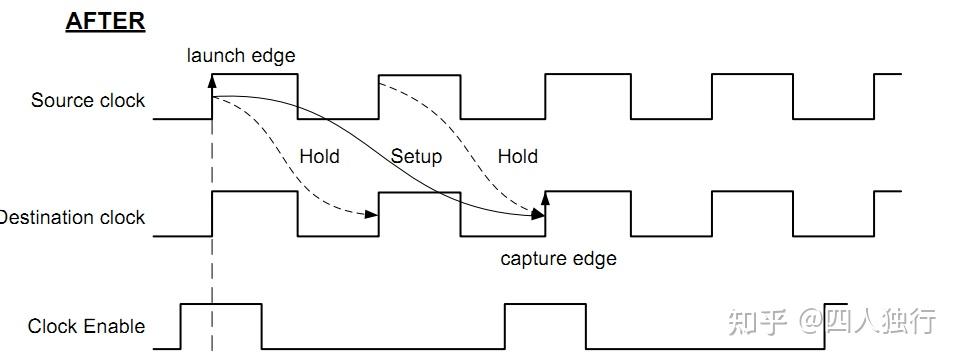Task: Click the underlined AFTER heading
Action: pyautogui.click(x=105, y=22)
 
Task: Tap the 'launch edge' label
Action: pyautogui.click(x=241, y=55)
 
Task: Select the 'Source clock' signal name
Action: pyautogui.click(x=88, y=100)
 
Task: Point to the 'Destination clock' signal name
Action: pyautogui.click(x=72, y=217)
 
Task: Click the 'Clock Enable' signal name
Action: pyautogui.click(x=86, y=326)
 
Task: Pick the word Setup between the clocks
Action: pyautogui.click(x=416, y=156)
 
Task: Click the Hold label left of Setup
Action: pyautogui.click(x=319, y=156)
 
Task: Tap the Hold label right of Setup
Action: pyautogui.click(x=517, y=156)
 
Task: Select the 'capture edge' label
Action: pyautogui.click(x=558, y=259)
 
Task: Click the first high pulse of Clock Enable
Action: pyautogui.click(x=221, y=303)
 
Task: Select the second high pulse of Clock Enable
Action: pyautogui.click(x=545, y=305)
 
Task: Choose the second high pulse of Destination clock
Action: pyautogui.click(x=420, y=191)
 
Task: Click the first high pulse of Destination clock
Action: pyautogui.click(x=255, y=191)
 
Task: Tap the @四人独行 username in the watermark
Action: pyautogui.click(x=868, y=322)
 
